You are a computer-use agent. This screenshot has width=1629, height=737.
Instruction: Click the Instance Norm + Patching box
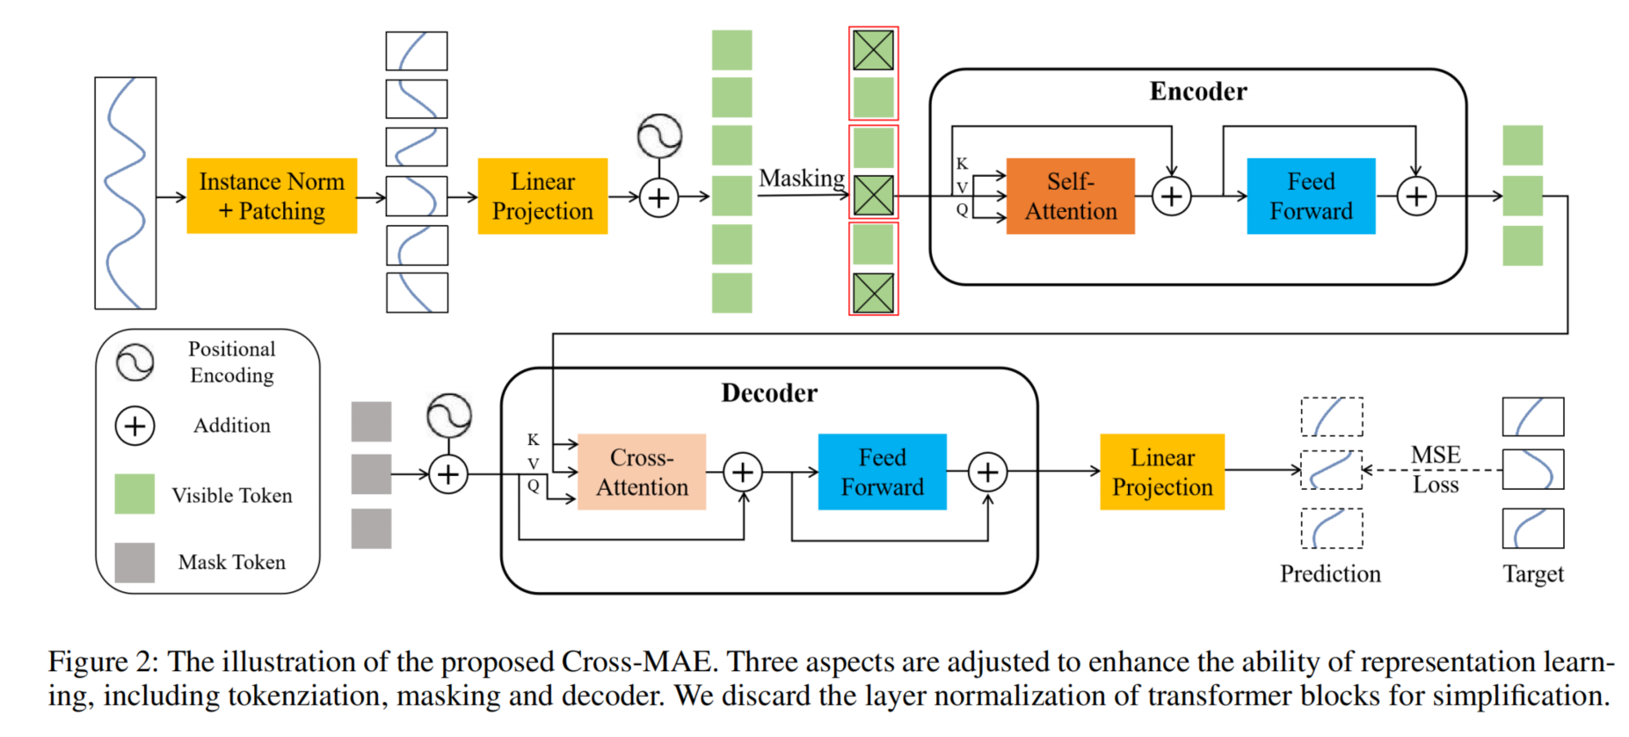pos(272,196)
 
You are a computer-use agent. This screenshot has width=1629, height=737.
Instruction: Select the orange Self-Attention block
pos(1070,196)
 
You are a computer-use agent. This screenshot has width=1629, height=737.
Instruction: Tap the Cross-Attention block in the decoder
pos(642,472)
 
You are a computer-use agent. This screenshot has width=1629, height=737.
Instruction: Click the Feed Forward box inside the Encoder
pos(1311,196)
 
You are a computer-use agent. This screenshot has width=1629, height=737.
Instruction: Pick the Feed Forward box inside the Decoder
pos(882,472)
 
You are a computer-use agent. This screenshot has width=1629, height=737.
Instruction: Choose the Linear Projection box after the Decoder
pos(1162,472)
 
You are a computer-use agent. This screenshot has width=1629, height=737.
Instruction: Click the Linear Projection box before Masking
pos(542,196)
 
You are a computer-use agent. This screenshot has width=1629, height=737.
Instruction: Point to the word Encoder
pos(1198,91)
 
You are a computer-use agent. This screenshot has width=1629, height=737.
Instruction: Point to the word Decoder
pos(769,393)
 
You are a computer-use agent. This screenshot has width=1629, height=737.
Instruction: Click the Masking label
pos(802,179)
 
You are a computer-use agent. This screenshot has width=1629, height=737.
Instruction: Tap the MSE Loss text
pos(1436,470)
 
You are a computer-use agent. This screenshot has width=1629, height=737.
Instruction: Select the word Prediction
pos(1330,574)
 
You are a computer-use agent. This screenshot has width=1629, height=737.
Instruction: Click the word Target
pos(1533,574)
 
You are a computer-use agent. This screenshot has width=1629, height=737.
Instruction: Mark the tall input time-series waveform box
pos(126,193)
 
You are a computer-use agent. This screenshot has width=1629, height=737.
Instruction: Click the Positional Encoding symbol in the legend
pos(135,362)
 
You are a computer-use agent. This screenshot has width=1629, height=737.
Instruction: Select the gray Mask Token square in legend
pos(135,563)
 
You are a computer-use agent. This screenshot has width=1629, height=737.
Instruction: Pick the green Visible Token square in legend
pos(135,494)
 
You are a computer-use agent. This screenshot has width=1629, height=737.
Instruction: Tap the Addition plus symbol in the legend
pos(135,427)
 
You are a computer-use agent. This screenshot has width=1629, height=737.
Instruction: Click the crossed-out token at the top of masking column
pos(873,50)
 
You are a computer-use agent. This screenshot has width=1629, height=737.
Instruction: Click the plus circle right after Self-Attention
pos(1172,196)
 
